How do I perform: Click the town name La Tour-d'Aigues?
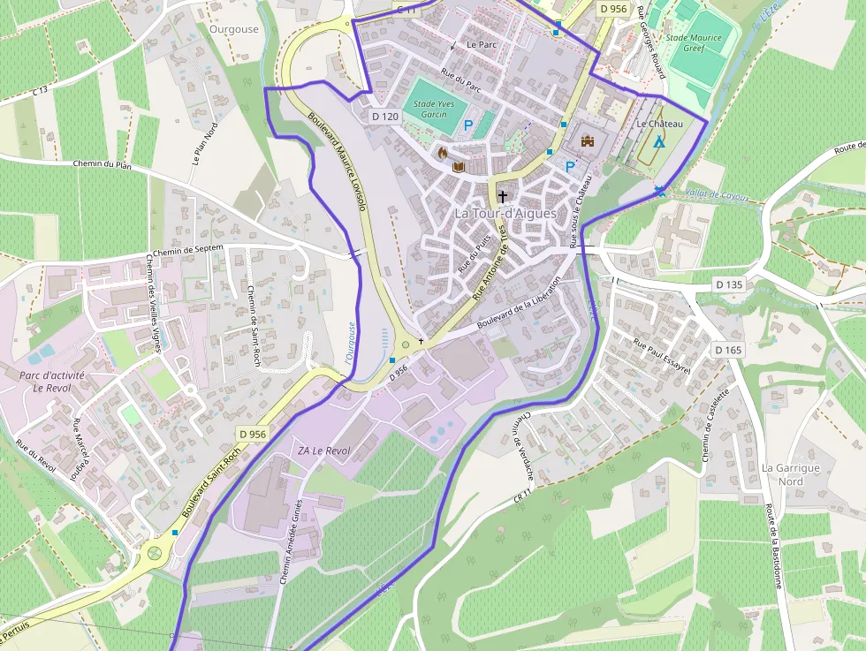505,213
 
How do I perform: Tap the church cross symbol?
503,196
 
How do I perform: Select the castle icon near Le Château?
587,140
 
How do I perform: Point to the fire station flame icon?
443,152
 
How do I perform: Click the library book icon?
458,166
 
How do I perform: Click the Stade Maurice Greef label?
694,42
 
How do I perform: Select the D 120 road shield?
386,116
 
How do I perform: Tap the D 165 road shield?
728,350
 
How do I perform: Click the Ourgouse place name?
234,29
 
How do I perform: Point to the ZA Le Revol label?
323,450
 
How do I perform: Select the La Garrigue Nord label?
791,474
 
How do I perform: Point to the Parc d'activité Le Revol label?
51,381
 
